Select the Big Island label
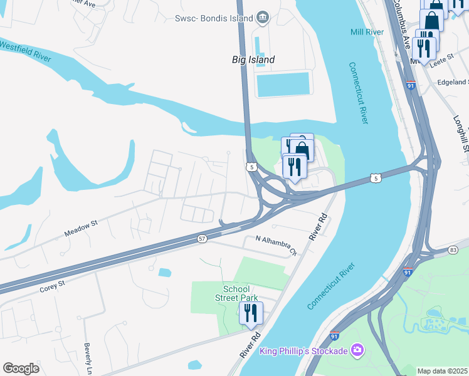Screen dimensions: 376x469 pyautogui.click(x=250, y=60)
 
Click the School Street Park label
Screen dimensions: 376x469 pyautogui.click(x=241, y=293)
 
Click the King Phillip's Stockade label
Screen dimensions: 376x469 pyautogui.click(x=303, y=350)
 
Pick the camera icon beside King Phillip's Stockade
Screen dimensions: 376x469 pyautogui.click(x=357, y=349)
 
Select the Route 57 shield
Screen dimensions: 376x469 pyautogui.click(x=202, y=239)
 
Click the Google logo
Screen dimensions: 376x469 pyautogui.click(x=21, y=368)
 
